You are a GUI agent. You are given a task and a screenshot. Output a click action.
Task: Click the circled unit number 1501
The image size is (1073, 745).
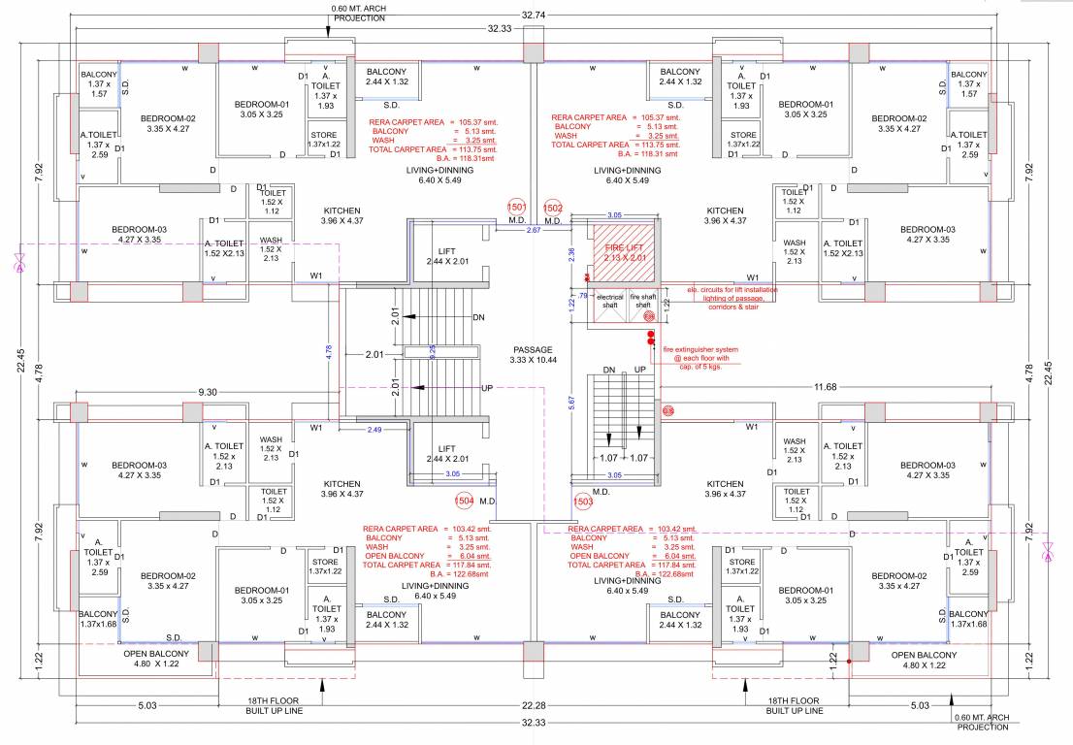pyautogui.click(x=516, y=208)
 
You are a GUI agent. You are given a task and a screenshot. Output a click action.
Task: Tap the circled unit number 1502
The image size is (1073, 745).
pyautogui.click(x=553, y=208)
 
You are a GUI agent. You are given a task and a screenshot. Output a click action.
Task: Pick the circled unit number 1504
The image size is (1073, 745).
pyautogui.click(x=465, y=501)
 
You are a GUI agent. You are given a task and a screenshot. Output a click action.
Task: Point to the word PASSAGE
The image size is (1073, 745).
pyautogui.click(x=533, y=349)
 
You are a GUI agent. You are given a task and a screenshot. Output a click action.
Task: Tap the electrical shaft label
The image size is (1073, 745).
pyautogui.click(x=609, y=300)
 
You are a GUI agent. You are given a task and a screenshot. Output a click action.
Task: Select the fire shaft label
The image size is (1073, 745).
pyautogui.click(x=642, y=300)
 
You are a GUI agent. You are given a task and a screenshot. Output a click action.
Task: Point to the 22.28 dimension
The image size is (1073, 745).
pyautogui.click(x=534, y=705)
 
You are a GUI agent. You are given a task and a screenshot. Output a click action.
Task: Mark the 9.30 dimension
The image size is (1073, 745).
pyautogui.click(x=208, y=391)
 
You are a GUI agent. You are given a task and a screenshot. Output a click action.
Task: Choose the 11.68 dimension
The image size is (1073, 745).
pyautogui.click(x=826, y=387)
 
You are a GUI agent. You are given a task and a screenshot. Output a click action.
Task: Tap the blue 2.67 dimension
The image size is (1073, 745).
pyautogui.click(x=533, y=230)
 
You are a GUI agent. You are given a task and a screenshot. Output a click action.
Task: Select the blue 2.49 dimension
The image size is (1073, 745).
pyautogui.click(x=374, y=428)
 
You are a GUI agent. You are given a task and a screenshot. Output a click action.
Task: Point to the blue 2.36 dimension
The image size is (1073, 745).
pyautogui.click(x=571, y=252)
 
